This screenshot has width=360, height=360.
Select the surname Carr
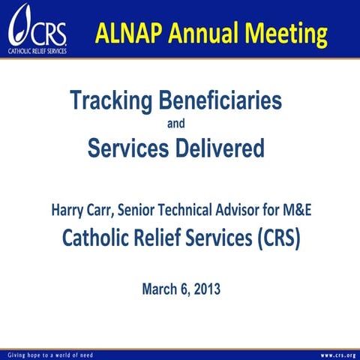100,209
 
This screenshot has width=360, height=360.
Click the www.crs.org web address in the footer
337,354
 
